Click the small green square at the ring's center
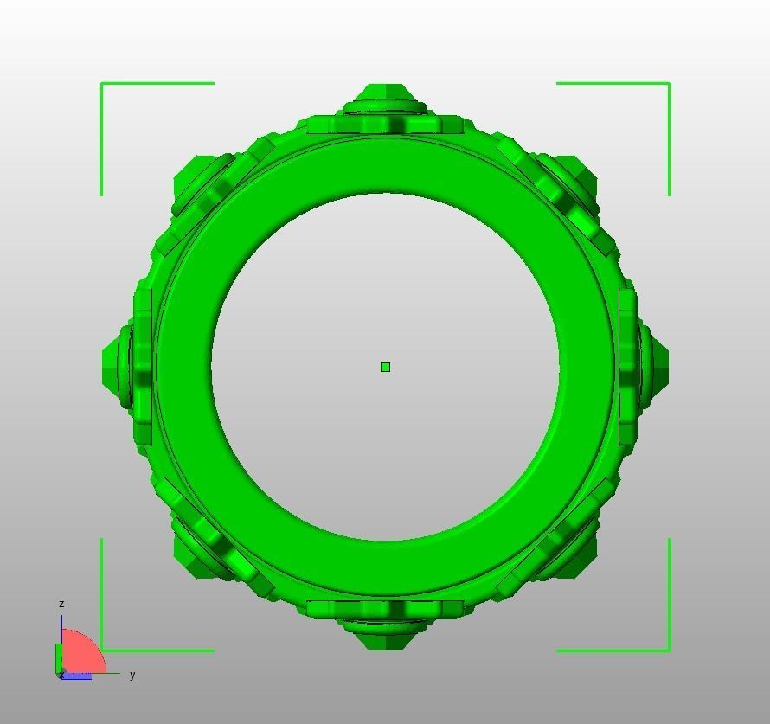coord(385,368)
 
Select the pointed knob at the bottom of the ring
coord(385,638)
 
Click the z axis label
coord(61,604)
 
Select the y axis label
coord(132,675)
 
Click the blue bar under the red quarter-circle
coord(78,676)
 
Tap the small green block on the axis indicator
coord(59,657)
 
